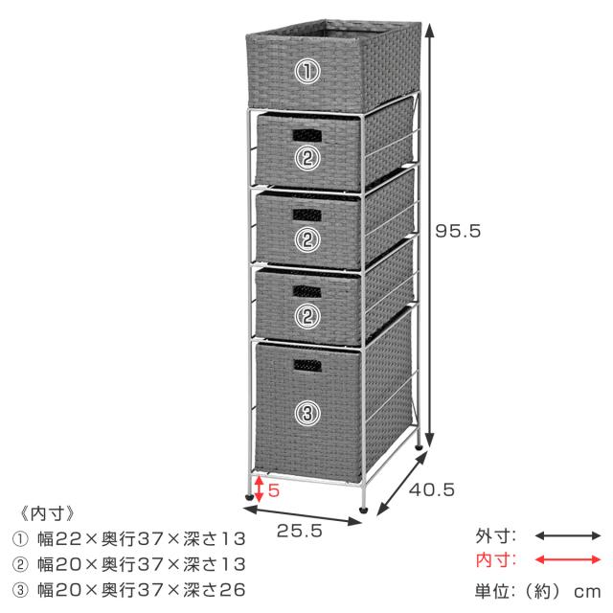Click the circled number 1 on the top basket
(307, 71)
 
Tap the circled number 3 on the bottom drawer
(307, 413)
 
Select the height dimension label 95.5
(458, 231)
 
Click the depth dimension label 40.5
(432, 489)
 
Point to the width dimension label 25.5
(300, 531)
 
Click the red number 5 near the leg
(274, 490)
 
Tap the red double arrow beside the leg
(259, 488)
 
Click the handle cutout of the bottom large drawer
(307, 366)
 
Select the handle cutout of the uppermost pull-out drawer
(307, 135)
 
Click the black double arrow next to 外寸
(567, 535)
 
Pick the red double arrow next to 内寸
(567, 559)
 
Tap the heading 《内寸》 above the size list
(48, 513)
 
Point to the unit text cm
(587, 592)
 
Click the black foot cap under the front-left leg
(249, 498)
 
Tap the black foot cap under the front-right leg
(364, 510)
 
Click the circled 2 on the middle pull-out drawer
(307, 239)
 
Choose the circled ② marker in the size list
(20, 564)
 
